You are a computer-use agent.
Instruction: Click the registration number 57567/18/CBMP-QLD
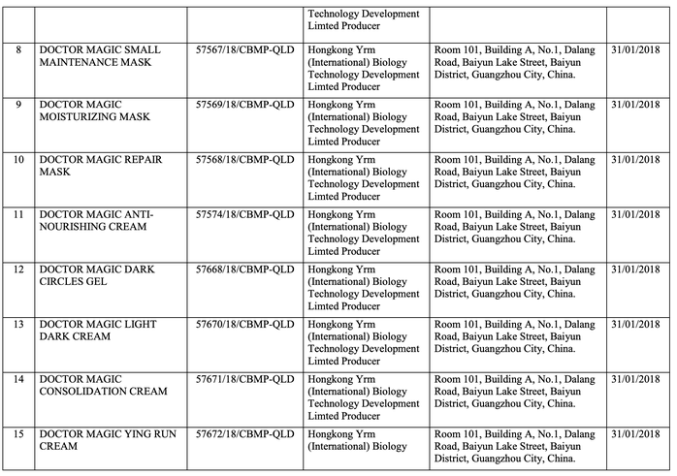(244, 48)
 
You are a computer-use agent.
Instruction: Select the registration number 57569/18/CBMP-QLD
(244, 104)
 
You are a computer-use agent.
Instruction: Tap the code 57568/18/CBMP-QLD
(244, 159)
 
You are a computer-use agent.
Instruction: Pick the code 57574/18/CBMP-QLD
(244, 214)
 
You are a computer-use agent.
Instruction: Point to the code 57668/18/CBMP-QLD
(244, 269)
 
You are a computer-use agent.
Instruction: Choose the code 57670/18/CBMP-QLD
(244, 324)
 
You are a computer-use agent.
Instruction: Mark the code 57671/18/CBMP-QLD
(244, 379)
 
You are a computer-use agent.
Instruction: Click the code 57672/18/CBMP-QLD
(244, 434)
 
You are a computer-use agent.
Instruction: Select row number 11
(18, 214)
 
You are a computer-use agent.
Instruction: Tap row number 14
(18, 379)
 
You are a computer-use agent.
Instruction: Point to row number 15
(18, 434)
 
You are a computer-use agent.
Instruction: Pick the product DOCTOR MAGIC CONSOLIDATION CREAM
(102, 385)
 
